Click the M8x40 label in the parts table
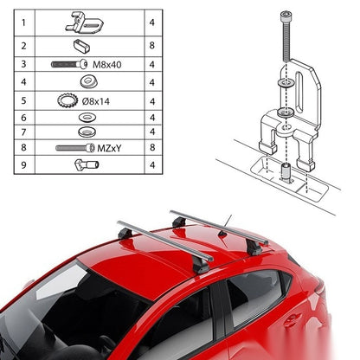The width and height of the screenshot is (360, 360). coord(106,65)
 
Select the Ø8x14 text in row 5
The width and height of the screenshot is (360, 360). coord(96,101)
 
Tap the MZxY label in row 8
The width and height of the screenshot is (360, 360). coord(109,148)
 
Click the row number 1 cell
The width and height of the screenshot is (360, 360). coord(23,22)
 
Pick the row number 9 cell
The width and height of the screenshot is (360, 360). coord(23,165)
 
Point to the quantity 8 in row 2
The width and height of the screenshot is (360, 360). coord(152,46)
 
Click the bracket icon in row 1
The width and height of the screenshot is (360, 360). coord(85,23)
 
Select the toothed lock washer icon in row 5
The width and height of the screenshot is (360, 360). coord(67,100)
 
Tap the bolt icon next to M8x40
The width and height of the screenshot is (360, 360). coord(69,64)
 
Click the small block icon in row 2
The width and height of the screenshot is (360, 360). coord(81,46)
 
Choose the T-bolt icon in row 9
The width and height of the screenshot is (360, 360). coord(87,164)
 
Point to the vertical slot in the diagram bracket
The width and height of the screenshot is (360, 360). coord(300,92)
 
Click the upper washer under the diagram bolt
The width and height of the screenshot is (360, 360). coord(285,83)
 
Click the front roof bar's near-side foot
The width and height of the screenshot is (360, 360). coord(202,265)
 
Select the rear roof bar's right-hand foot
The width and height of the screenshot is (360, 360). coord(254,247)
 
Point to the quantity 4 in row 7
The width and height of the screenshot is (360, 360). coord(152,132)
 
